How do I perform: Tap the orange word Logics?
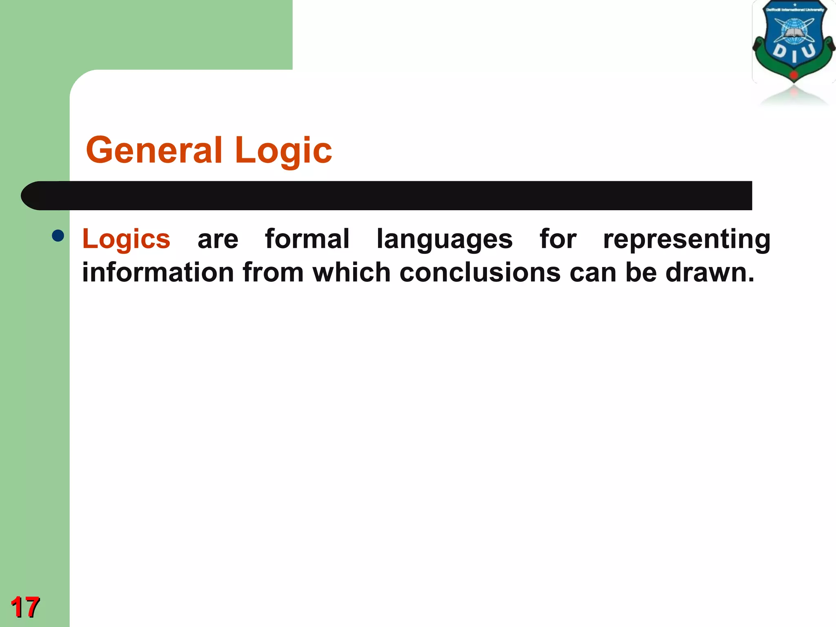[126, 239]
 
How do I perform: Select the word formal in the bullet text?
[307, 239]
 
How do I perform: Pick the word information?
[158, 272]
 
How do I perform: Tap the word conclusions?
[480, 272]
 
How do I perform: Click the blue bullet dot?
[58, 236]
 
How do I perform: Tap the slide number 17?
[25, 607]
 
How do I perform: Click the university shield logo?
[794, 41]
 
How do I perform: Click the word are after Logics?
[218, 240]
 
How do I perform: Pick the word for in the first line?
[558, 239]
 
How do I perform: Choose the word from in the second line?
[273, 272]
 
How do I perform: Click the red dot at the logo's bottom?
[794, 75]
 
